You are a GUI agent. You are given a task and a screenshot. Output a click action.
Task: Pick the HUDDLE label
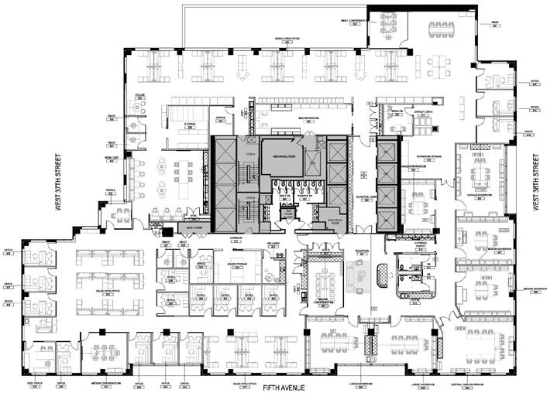pos(111,190)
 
